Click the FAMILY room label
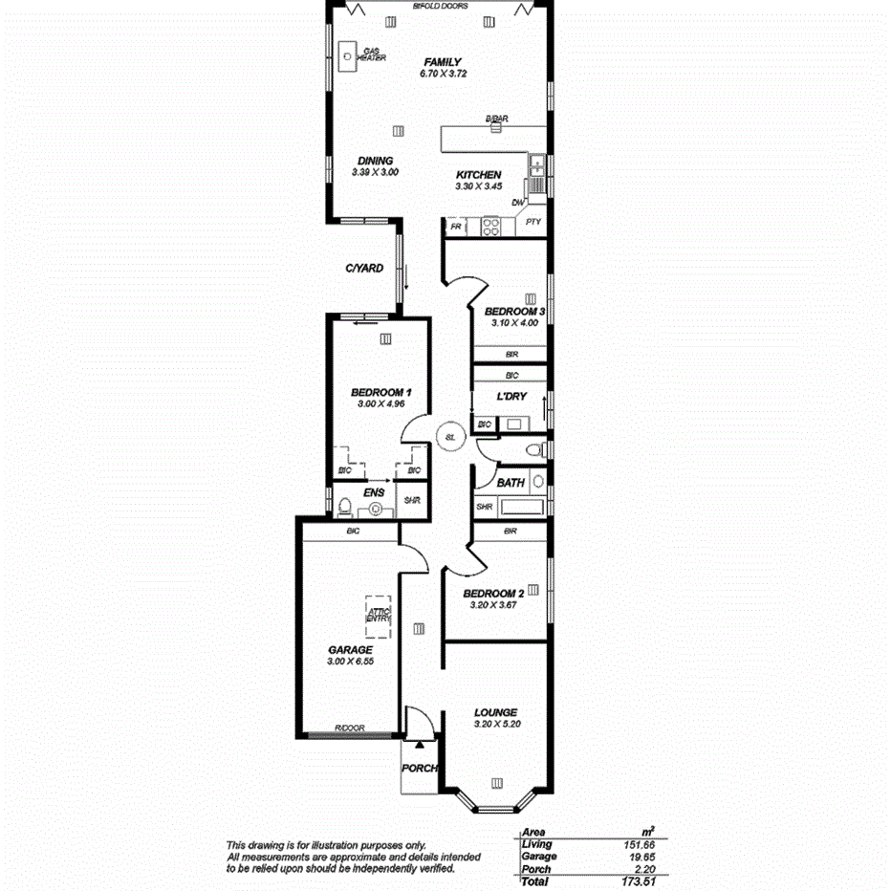(x=443, y=62)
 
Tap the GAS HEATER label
(x=371, y=54)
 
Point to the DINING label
(x=375, y=161)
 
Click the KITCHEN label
(x=478, y=175)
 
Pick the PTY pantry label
(x=533, y=222)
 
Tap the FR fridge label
(x=456, y=228)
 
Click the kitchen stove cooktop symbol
(x=491, y=227)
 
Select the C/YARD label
(x=364, y=269)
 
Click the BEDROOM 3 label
(x=514, y=312)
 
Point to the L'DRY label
(x=511, y=396)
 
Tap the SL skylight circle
(x=450, y=438)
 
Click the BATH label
(x=510, y=483)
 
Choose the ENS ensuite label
(x=374, y=493)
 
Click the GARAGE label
(x=350, y=649)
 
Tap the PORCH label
(x=420, y=768)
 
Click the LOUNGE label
(x=496, y=712)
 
